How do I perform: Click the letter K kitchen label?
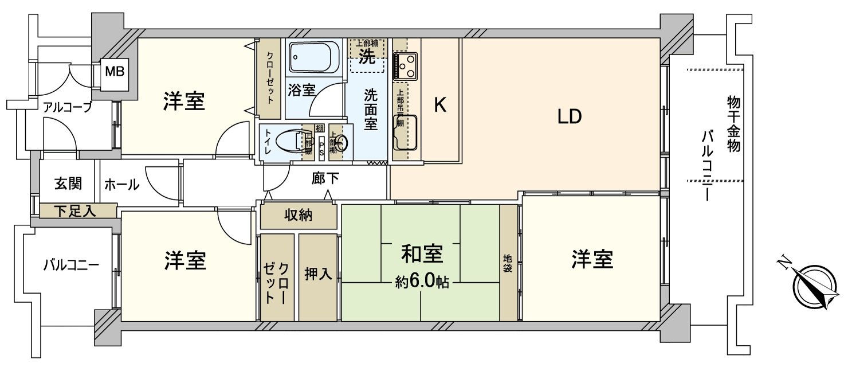coord(439,105)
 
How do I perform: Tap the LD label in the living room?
coord(570,117)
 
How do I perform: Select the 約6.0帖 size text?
coord(421,282)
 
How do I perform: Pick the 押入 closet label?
coord(318,274)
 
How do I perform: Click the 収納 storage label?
coord(299,216)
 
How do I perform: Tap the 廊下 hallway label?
coord(325,179)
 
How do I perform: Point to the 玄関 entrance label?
coord(68,183)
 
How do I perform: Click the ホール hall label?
coord(121,185)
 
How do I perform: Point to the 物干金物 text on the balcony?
coord(733,123)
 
